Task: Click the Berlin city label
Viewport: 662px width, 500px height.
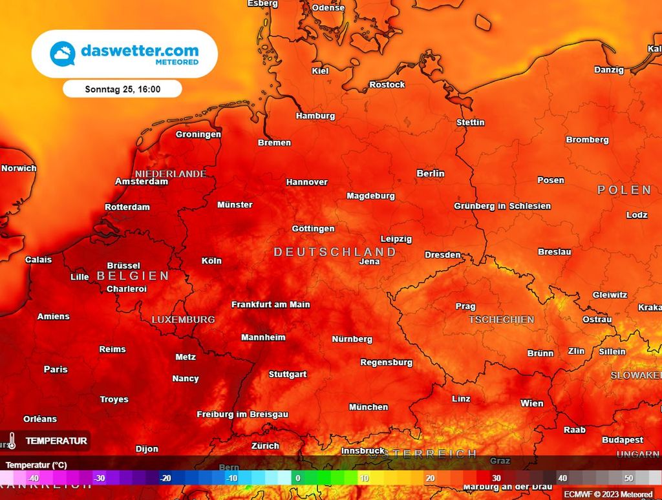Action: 431,173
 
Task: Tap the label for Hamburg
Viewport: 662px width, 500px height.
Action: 315,116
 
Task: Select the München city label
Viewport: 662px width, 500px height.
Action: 368,407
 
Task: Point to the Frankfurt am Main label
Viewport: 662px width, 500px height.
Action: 271,304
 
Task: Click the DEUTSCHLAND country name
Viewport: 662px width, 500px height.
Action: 335,252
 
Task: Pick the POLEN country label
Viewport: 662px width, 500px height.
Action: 624,190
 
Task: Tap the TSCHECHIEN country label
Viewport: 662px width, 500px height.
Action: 502,320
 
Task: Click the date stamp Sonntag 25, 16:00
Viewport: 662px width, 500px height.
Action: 123,89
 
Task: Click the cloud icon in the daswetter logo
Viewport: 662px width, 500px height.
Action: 63,54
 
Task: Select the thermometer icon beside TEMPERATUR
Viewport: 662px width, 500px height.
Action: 12,441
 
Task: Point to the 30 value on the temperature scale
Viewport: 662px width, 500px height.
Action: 496,478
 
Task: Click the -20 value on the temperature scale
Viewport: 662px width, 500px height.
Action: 166,478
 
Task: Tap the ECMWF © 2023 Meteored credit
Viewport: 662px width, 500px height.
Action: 608,494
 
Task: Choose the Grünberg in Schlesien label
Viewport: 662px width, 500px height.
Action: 502,206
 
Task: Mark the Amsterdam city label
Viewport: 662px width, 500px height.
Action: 142,182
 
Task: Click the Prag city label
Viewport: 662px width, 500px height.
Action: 465,307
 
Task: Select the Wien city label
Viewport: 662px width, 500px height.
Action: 532,403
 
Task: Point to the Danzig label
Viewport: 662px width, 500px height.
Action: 609,70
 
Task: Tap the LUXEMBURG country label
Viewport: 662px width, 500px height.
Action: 183,320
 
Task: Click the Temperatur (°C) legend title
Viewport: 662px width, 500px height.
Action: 36,464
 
